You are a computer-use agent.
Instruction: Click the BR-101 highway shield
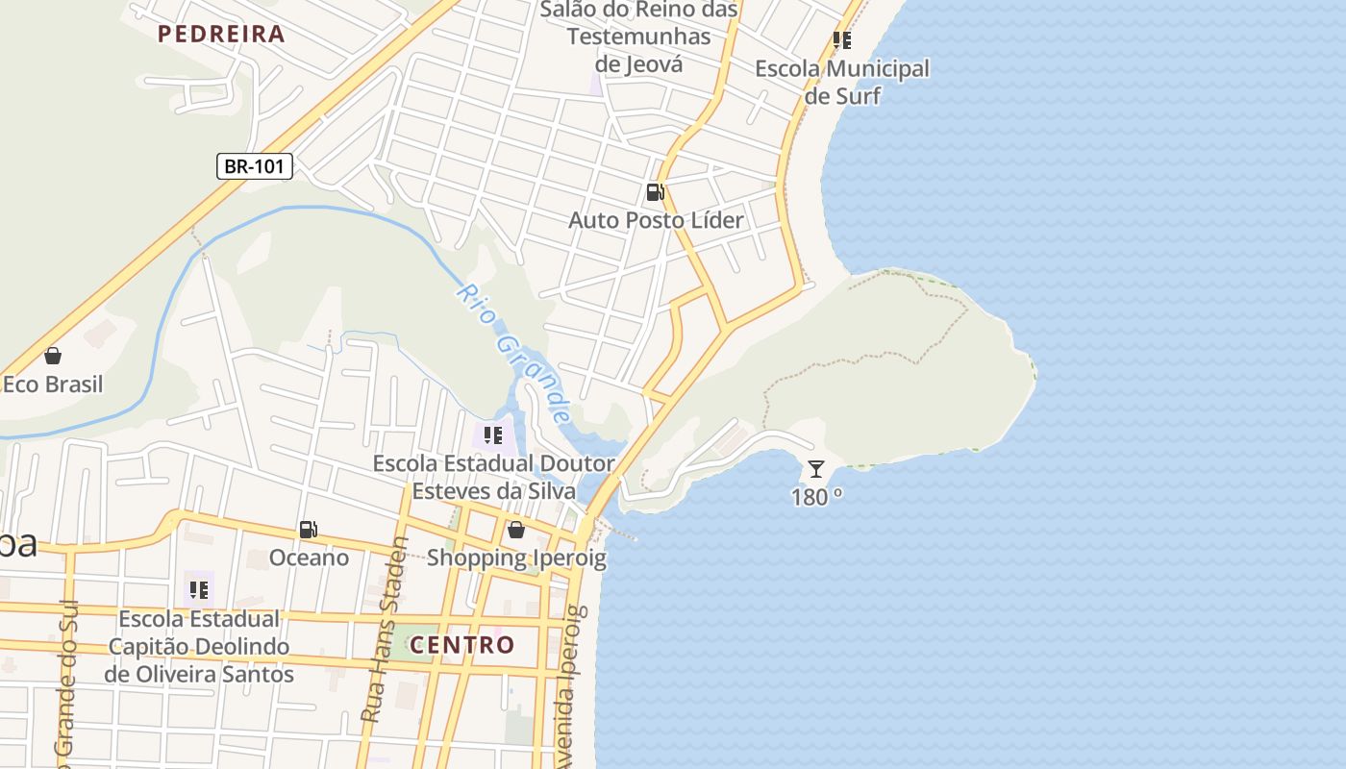(254, 166)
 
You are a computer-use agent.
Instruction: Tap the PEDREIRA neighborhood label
(221, 35)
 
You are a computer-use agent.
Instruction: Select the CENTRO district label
(462, 645)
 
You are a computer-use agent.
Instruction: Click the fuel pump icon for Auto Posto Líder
(656, 192)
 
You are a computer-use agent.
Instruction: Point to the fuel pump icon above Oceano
(308, 530)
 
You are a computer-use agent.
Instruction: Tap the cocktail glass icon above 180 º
(816, 469)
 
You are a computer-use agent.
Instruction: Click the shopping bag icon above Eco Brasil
(53, 356)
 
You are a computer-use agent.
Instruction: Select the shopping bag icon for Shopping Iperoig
(516, 530)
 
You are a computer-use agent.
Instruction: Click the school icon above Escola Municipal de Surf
(842, 40)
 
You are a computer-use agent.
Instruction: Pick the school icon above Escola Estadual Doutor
(493, 435)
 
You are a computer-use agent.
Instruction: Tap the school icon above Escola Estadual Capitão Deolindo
(198, 589)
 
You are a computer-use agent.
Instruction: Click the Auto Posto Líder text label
(656, 220)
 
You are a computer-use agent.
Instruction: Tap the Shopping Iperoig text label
(516, 558)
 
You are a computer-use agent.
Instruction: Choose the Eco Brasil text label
(53, 384)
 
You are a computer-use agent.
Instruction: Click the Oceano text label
(309, 558)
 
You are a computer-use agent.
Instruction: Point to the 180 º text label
(817, 497)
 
